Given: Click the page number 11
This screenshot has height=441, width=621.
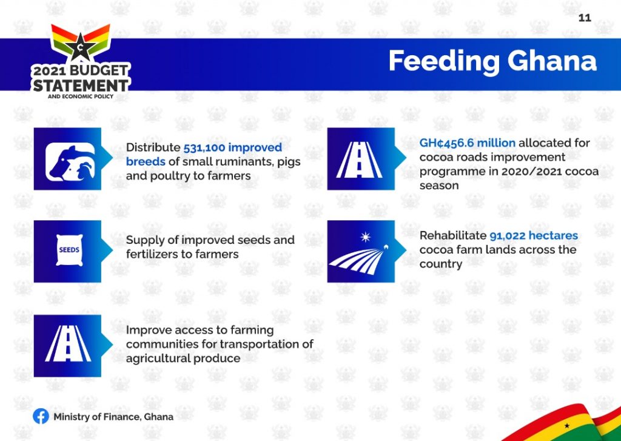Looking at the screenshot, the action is coord(585,18).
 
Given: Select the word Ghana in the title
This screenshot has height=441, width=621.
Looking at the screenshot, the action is coord(552,61).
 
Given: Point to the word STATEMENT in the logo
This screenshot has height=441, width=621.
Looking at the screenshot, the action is coord(81,85).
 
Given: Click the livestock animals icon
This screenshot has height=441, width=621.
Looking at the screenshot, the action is coord(70,162).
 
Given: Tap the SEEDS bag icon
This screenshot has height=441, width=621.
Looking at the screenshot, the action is coord(69,250).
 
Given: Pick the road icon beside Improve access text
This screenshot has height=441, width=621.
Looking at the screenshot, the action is coord(68,343).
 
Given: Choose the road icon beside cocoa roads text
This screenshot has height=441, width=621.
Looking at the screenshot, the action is coord(359,160).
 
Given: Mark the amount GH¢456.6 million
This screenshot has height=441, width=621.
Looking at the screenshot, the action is coord(468,143).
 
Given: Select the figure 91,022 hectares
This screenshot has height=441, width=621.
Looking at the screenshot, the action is coord(534,236).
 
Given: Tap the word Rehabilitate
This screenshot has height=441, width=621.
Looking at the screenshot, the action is coord(452,236).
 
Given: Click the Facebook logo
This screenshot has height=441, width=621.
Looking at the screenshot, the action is coord(41,417).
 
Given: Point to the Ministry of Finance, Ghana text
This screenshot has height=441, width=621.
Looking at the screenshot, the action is coord(113,417).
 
